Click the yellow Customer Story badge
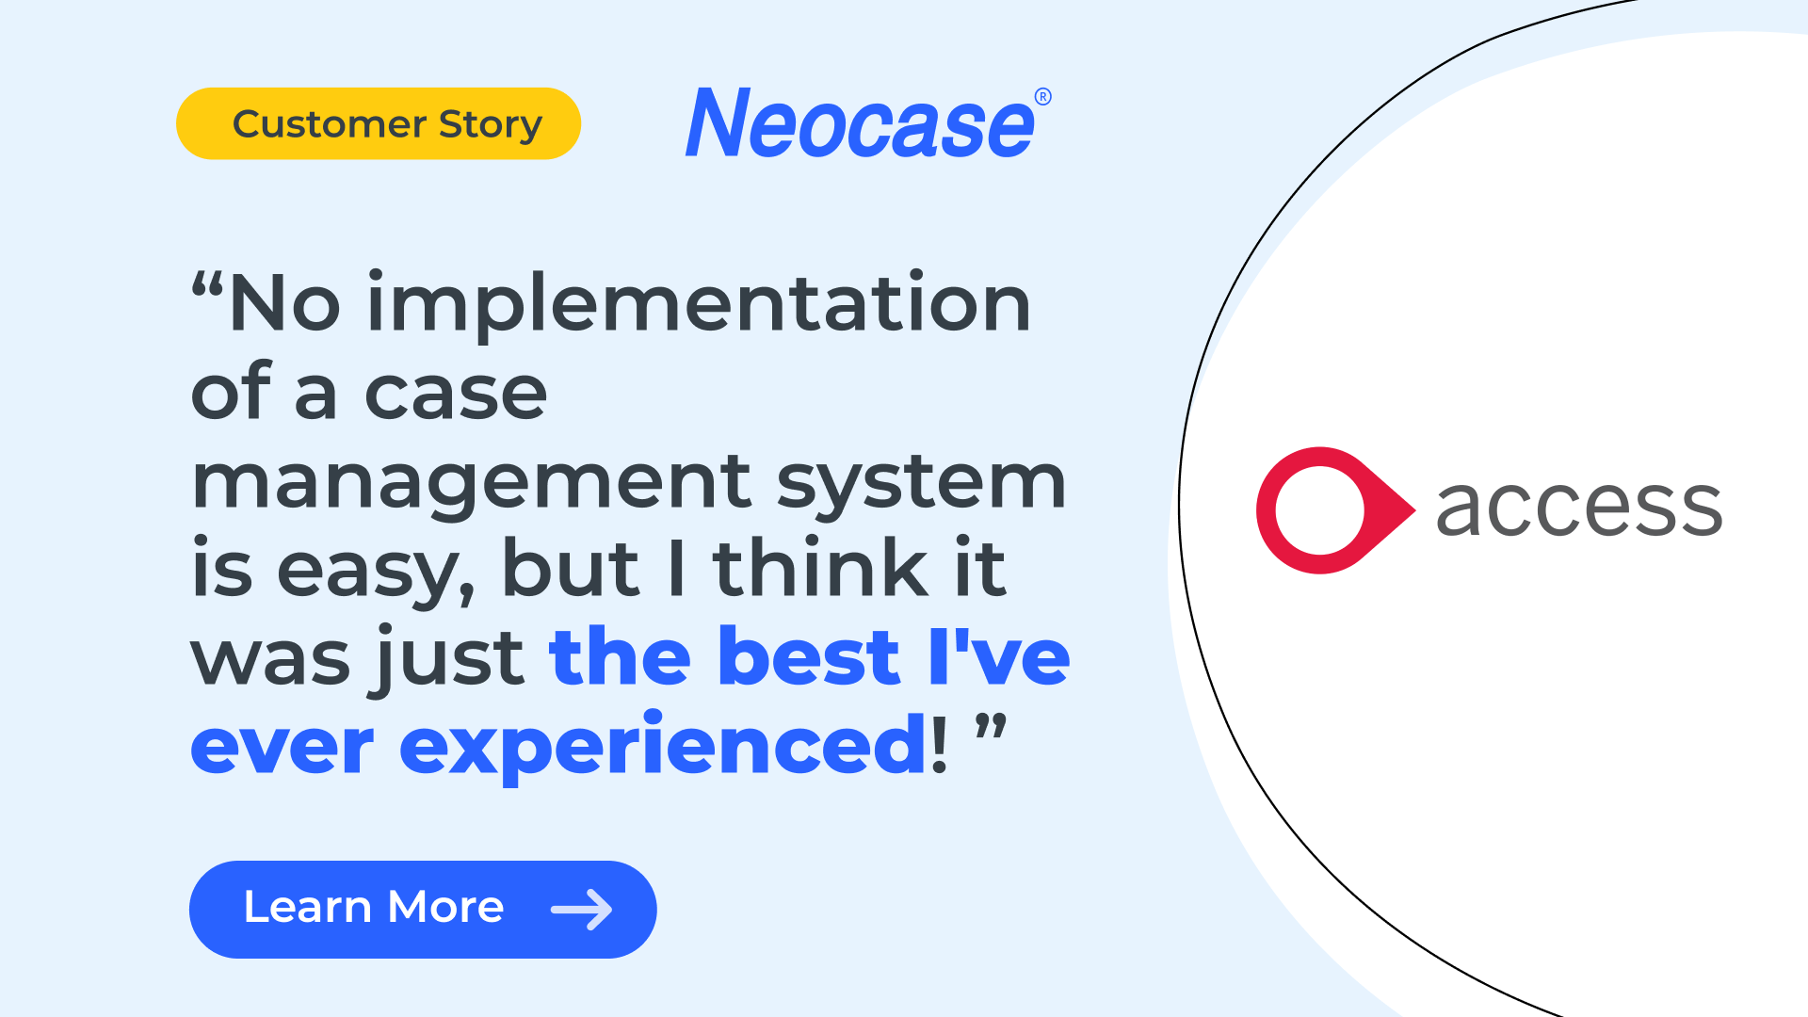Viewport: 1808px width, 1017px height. point(379,123)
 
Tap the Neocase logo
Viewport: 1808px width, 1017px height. point(860,123)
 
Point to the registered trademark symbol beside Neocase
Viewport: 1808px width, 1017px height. point(1042,97)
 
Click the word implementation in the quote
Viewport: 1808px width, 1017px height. point(699,304)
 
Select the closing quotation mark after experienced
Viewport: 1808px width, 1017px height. point(991,729)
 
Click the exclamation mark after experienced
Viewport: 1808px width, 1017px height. point(939,743)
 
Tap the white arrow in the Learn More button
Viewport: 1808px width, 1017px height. point(582,910)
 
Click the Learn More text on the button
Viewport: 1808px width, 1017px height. point(374,908)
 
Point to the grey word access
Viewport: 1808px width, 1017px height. point(1579,508)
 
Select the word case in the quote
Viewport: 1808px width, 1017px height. point(456,395)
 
